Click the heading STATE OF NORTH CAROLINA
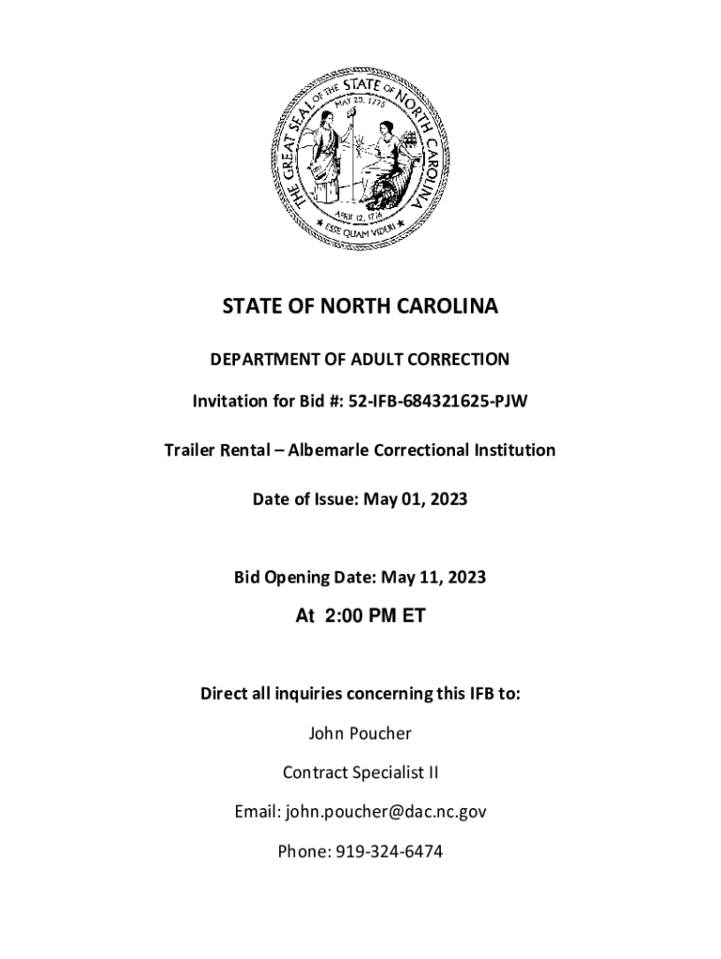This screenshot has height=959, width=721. [360, 307]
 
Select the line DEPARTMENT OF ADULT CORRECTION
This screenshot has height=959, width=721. [360, 359]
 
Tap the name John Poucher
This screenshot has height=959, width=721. [360, 733]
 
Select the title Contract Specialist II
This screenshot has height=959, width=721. [360, 773]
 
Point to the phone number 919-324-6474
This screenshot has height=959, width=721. [387, 851]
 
